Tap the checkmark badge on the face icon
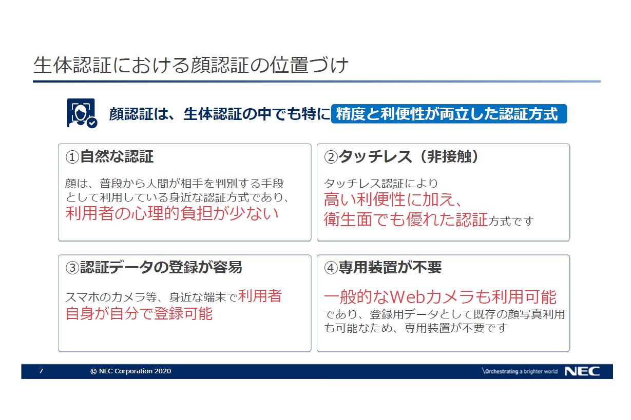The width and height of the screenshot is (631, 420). (92, 123)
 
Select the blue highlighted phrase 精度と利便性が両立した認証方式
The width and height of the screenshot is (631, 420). (449, 114)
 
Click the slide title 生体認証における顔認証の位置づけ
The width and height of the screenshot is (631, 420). (190, 65)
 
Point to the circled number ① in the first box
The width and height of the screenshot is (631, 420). (72, 157)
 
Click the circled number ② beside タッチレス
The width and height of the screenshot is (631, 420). (331, 157)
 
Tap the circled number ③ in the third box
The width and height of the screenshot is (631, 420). (72, 268)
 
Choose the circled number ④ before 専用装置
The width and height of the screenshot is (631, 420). (331, 268)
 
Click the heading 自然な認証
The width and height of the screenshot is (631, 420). (117, 157)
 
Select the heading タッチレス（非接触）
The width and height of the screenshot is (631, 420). (409, 157)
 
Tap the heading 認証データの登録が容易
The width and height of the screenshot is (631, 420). (161, 268)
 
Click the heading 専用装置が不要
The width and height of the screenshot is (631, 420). (390, 268)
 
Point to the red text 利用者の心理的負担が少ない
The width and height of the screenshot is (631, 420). (172, 213)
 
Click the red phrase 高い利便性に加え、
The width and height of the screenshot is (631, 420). (393, 199)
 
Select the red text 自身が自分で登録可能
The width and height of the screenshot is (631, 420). (139, 314)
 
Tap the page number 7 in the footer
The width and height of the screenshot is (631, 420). (41, 371)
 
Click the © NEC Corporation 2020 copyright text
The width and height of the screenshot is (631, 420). (131, 371)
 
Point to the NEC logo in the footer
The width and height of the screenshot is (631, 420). (582, 371)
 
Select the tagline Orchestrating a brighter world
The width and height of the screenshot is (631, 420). (520, 371)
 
